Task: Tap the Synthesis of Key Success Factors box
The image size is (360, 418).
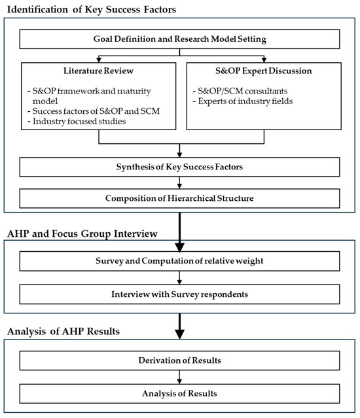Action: point(179,167)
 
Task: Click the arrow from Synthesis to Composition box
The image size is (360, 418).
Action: point(179,183)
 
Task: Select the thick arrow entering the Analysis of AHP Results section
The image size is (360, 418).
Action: point(179,327)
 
